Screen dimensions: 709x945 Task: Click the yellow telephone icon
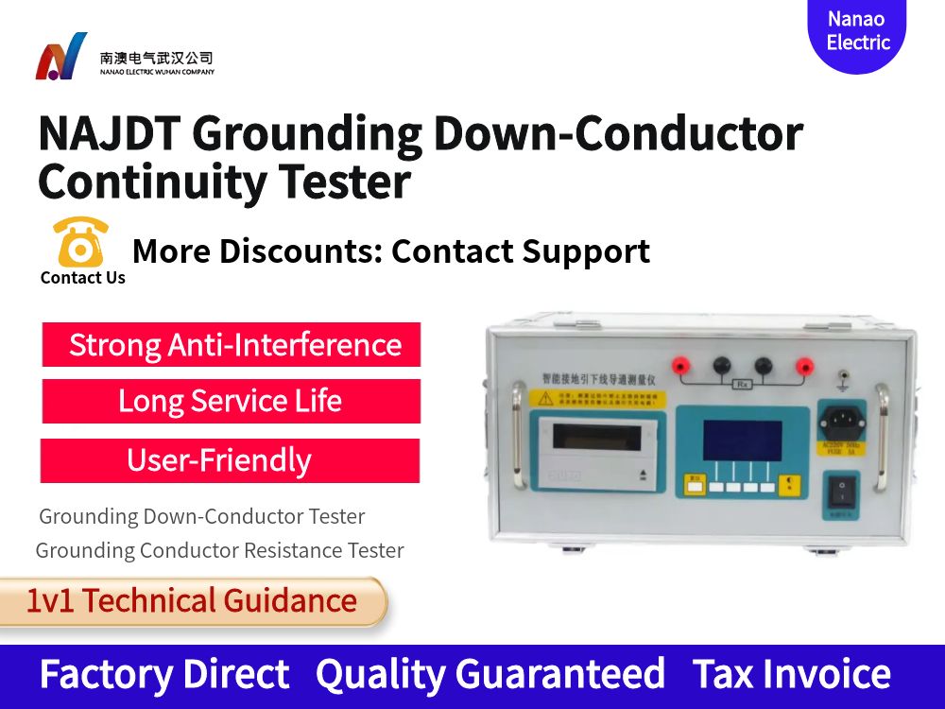click(x=81, y=243)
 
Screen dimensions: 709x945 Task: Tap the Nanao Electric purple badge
click(x=857, y=32)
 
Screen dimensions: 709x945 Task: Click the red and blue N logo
click(x=60, y=57)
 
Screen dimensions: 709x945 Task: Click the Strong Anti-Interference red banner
click(x=232, y=344)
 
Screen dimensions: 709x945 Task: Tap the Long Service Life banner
click(x=231, y=401)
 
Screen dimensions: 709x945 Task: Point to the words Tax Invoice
click(x=791, y=674)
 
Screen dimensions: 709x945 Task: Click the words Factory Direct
click(x=164, y=674)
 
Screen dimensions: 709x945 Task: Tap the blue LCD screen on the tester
click(x=742, y=441)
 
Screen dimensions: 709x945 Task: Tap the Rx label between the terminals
click(x=742, y=385)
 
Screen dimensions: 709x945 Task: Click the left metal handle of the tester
click(x=518, y=437)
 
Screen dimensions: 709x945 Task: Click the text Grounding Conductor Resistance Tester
click(x=219, y=550)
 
